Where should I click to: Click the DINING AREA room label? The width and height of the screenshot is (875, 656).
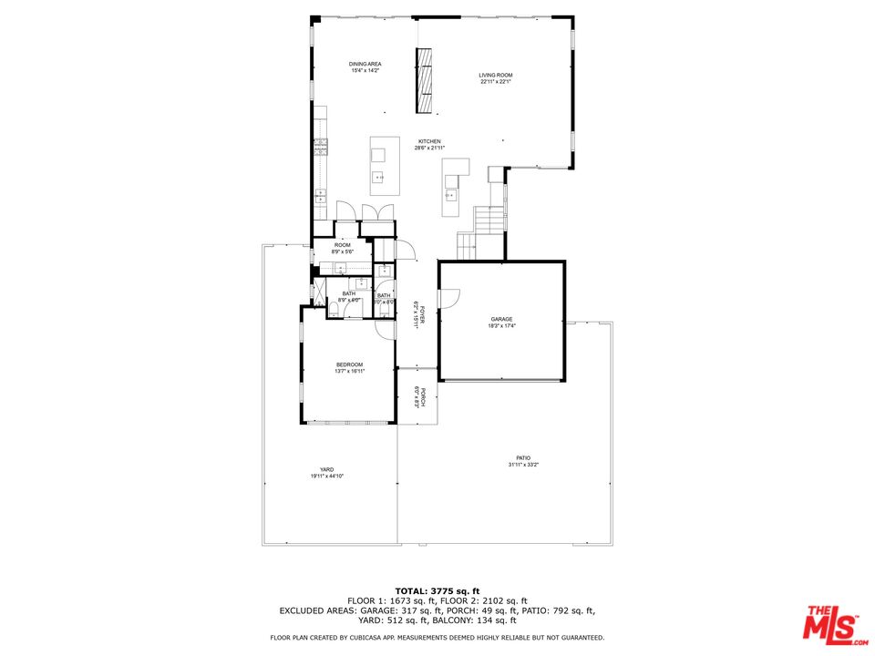365,64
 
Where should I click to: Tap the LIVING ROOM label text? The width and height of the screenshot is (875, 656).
497,75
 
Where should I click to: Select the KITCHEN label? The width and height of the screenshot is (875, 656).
429,141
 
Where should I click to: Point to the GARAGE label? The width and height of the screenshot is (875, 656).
500,320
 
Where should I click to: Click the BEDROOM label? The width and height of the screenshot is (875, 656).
350,364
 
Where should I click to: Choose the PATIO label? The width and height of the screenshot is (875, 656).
523,457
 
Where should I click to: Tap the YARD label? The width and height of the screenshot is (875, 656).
326,469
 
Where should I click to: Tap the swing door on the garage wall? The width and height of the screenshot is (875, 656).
448,298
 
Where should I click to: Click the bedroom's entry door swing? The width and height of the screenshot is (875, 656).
387,328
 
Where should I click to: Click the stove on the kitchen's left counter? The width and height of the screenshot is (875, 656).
320,146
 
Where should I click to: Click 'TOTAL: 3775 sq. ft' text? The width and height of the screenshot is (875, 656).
437,591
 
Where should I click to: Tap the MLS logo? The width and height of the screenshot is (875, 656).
831,624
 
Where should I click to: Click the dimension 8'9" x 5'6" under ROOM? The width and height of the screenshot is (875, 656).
343,252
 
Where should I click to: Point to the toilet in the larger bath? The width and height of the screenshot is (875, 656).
334,311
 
